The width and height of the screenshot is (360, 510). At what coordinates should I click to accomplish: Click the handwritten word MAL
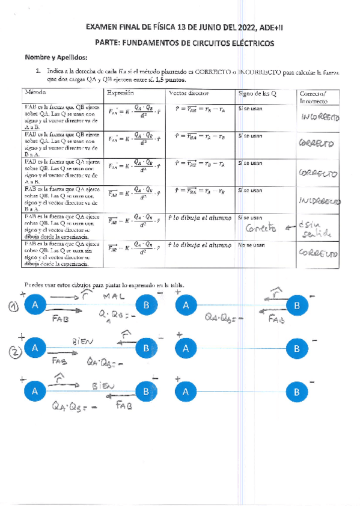pyautogui.click(x=114, y=296)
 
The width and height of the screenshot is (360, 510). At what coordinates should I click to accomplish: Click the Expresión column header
pyautogui.click(x=120, y=93)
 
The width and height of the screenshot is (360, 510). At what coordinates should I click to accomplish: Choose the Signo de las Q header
pyautogui.click(x=257, y=93)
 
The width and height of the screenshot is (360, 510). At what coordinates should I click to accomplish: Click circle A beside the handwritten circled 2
pyautogui.click(x=35, y=348)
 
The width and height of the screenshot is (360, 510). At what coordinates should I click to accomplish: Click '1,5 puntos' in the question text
pyautogui.click(x=171, y=79)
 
